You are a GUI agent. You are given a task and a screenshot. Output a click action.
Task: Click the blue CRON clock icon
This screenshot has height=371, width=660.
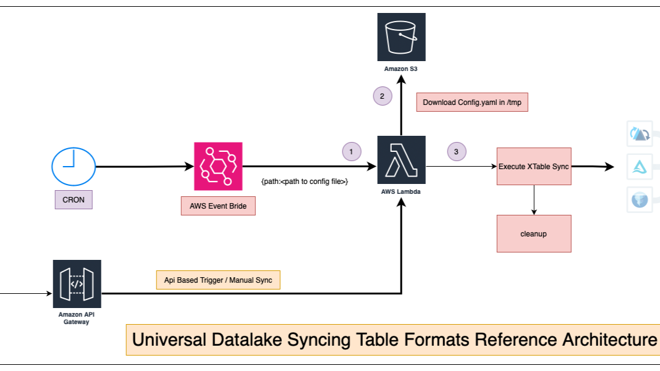tap(73, 167)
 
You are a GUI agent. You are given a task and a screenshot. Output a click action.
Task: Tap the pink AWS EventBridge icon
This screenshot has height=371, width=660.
tap(218, 167)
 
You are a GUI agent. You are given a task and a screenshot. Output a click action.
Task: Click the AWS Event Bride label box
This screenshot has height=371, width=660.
tap(218, 206)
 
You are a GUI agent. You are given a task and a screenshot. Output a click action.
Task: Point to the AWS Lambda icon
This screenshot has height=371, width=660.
tap(402, 159)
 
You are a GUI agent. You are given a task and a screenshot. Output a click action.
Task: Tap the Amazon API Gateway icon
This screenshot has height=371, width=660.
tap(77, 284)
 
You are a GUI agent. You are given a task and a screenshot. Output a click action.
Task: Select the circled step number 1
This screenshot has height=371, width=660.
tap(352, 151)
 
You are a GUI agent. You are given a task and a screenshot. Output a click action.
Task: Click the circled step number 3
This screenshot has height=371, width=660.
tap(456, 151)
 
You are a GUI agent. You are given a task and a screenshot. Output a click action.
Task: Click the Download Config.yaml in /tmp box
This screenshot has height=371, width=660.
tap(472, 102)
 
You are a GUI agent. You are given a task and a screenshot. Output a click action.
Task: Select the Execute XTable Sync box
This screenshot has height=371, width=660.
tap(534, 166)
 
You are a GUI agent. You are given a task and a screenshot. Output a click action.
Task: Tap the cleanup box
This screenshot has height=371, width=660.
tap(534, 234)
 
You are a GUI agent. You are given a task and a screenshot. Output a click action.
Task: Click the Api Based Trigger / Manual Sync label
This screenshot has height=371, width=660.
tap(218, 280)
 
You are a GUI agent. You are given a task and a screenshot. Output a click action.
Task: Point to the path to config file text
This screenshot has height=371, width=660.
tap(305, 181)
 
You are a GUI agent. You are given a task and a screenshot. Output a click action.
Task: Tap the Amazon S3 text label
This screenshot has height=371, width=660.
tap(401, 69)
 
